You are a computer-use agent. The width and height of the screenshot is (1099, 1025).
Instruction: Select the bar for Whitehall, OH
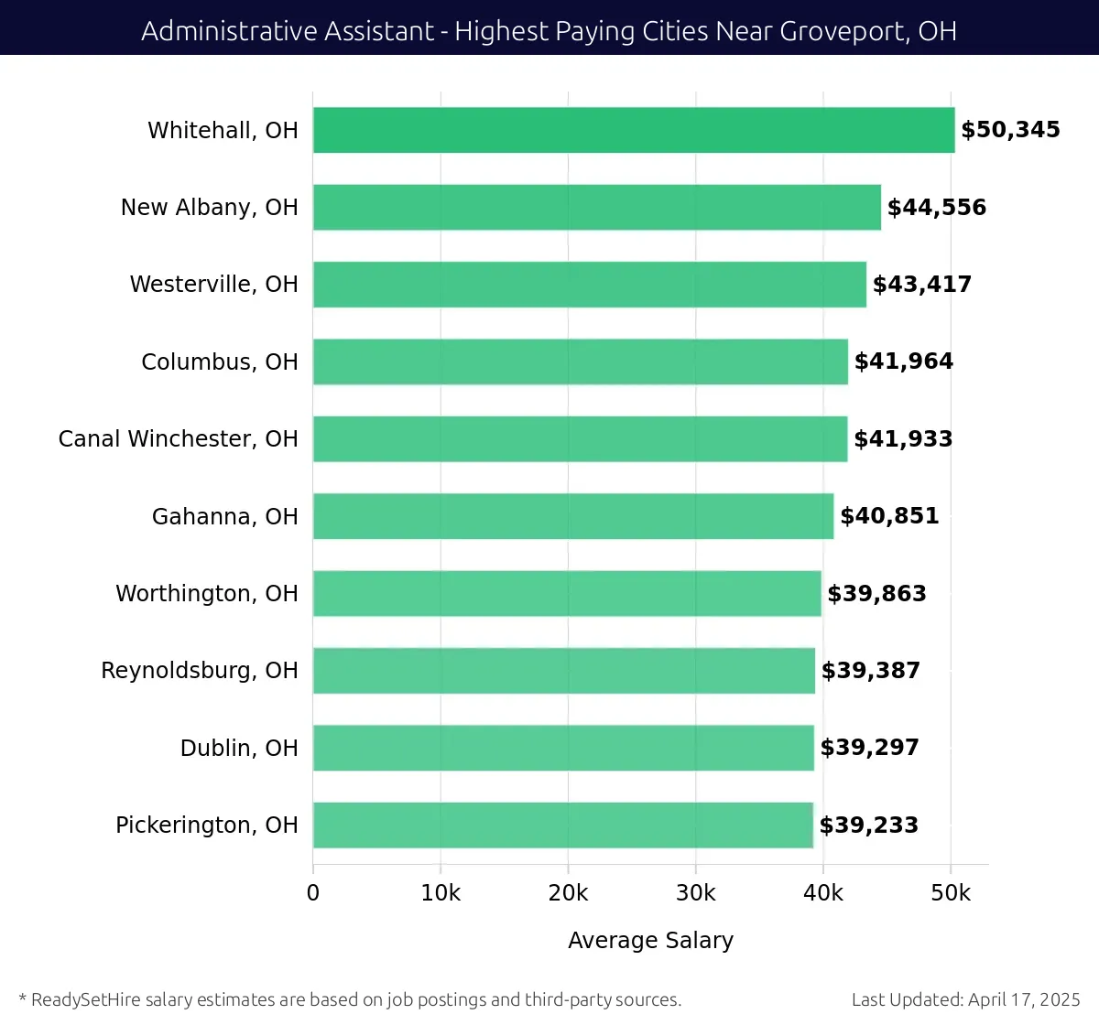(634, 130)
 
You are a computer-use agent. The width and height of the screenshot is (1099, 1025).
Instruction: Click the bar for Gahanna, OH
(573, 516)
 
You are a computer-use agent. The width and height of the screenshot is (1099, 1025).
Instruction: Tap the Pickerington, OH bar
(563, 825)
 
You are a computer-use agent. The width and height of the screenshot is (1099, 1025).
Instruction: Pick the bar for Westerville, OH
(590, 285)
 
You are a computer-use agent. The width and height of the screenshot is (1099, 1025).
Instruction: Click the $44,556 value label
(937, 208)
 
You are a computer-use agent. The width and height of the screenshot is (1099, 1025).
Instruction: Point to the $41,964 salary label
(904, 361)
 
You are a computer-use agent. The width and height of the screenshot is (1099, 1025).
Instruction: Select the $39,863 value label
(876, 594)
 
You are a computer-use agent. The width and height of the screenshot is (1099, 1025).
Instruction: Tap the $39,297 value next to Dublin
(869, 748)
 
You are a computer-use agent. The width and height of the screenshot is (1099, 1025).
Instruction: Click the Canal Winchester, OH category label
(179, 439)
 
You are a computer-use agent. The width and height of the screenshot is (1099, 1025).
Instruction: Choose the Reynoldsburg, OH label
(200, 671)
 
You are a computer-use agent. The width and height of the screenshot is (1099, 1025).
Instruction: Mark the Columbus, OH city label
(220, 362)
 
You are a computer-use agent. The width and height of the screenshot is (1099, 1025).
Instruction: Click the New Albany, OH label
(210, 208)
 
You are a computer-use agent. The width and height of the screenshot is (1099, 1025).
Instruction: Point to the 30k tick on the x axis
(695, 893)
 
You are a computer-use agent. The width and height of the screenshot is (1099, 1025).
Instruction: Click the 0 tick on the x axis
(313, 893)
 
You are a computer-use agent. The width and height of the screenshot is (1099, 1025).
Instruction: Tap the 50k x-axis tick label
(951, 893)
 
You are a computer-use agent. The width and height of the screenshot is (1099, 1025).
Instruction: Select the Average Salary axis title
(650, 941)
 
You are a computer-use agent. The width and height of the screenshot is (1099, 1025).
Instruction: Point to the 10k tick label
(441, 893)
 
